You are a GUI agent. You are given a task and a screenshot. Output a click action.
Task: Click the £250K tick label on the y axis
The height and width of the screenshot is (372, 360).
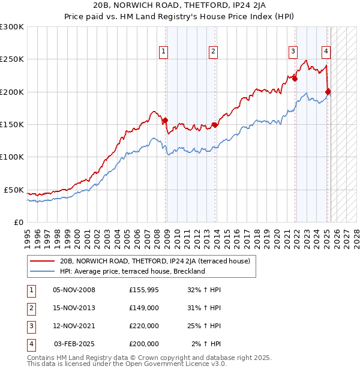coord(12,59)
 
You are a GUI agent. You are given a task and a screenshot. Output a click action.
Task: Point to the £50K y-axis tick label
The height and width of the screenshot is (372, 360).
coord(14,190)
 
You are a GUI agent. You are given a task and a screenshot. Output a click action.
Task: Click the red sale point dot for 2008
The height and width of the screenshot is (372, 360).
coord(165,121)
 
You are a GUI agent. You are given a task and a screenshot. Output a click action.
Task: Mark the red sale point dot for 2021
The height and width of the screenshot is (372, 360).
coord(295,79)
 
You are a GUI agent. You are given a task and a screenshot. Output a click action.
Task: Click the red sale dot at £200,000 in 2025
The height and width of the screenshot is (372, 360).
coord(328,92)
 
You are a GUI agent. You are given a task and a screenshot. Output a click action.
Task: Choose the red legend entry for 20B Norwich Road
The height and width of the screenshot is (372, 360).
coord(158,262)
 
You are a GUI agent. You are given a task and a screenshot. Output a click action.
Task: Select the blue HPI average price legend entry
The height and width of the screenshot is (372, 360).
coord(133,271)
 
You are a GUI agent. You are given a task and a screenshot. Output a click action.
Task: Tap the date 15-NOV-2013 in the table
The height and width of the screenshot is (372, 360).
coord(74,308)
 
